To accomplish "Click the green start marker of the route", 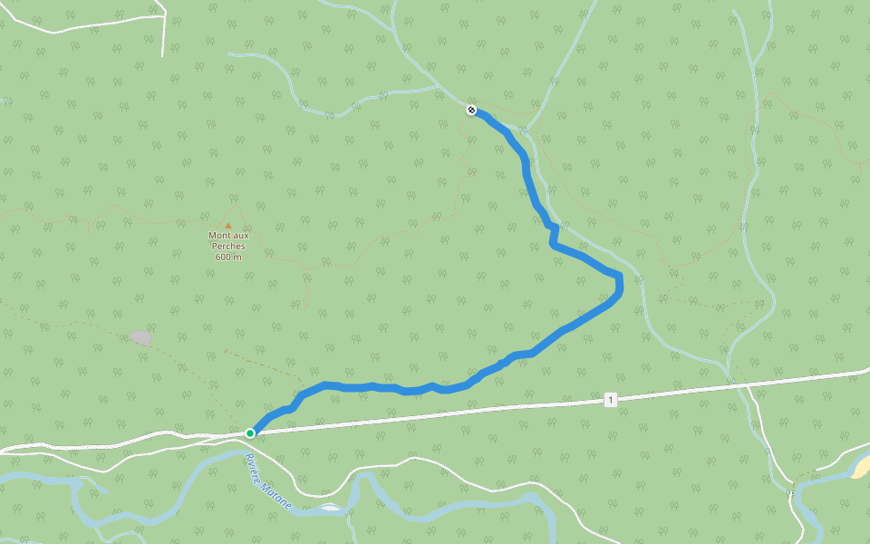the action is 250,433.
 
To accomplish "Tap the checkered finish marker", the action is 471,111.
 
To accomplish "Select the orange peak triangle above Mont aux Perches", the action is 228,226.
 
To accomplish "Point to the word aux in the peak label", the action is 240,236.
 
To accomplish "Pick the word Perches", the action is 228,246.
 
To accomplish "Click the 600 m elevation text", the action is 228,257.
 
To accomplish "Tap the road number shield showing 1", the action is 611,400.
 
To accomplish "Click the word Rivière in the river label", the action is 251,464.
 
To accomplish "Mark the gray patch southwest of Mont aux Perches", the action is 140,337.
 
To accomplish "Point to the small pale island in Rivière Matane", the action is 330,507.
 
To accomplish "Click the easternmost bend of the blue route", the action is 620,285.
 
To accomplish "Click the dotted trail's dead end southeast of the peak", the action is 307,306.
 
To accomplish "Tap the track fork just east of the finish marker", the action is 527,129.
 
